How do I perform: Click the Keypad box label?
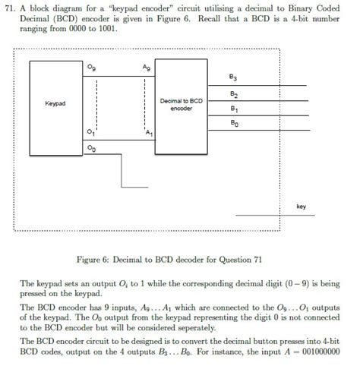pos(55,102)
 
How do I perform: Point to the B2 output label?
pos(233,94)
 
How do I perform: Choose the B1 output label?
pos(232,109)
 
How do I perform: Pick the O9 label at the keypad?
pos(92,69)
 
